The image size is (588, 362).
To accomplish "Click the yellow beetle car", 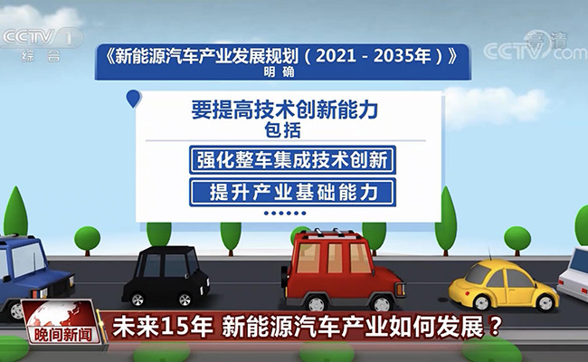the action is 503,286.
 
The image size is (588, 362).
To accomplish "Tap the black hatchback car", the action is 166,277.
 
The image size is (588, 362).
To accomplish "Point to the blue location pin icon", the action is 133,99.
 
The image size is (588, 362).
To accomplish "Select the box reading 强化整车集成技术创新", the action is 292,160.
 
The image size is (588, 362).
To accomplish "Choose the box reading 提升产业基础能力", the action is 292,193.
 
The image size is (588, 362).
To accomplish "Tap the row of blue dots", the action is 285,213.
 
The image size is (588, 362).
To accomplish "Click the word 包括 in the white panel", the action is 283,130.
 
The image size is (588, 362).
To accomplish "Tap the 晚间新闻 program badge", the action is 62,322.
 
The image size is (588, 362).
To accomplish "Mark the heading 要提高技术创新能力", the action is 285,110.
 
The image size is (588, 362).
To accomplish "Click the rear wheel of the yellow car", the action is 482,302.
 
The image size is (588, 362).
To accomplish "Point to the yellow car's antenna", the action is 489,254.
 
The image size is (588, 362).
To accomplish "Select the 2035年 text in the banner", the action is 403,56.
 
